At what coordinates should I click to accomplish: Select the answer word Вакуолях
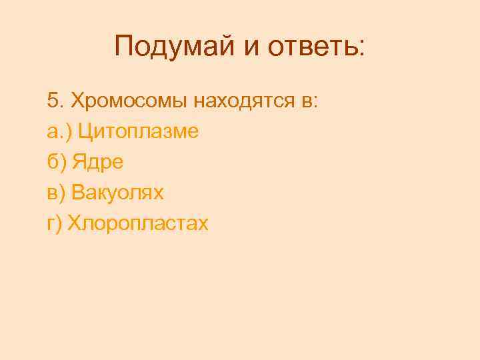(117, 193)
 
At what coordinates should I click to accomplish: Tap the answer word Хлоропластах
(138, 224)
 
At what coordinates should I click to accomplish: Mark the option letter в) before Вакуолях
(56, 193)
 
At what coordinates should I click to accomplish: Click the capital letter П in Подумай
(125, 47)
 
